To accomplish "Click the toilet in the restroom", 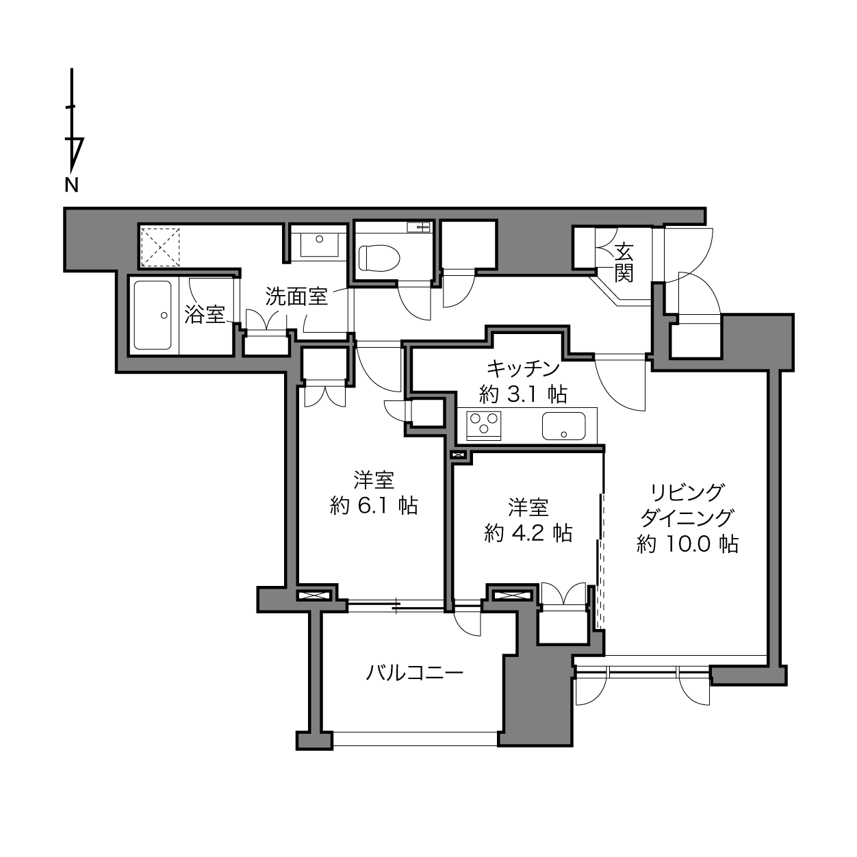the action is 379,258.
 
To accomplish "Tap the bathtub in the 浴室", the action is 153,315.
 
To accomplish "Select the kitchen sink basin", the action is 563,426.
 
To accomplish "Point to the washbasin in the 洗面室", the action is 319,243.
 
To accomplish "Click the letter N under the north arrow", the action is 72,185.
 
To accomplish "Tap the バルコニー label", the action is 415,674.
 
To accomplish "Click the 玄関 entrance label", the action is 624,264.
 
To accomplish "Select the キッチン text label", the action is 522,368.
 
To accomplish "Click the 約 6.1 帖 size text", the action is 374,506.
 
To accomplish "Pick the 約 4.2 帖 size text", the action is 528,533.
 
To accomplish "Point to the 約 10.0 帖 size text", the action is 687,543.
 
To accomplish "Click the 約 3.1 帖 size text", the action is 523,394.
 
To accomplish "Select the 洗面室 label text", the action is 296,296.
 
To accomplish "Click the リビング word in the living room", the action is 687,493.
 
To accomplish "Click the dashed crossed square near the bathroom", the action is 161,247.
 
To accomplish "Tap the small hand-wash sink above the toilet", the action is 418,227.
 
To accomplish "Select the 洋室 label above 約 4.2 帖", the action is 528,507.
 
